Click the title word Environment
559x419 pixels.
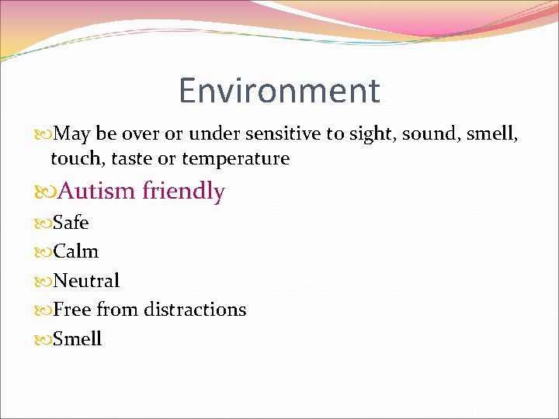[x=279, y=91]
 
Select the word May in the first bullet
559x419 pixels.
[x=72, y=134]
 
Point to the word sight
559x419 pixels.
[x=369, y=134]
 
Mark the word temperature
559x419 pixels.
[x=236, y=159]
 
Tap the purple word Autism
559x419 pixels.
[x=97, y=191]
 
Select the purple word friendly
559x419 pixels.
[x=184, y=191]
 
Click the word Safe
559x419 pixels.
[x=71, y=223]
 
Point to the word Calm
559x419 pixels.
[x=75, y=251]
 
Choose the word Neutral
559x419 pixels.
[x=86, y=280]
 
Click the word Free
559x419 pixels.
[x=72, y=310]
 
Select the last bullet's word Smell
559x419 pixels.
[x=77, y=339]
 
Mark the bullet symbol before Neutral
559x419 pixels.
[x=44, y=281]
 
